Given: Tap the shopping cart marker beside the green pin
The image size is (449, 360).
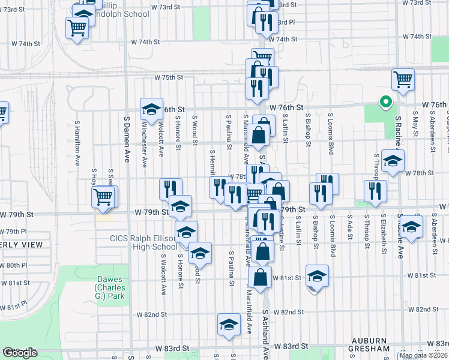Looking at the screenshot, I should tap(403, 79).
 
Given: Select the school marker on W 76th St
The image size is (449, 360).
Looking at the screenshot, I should tap(151, 109).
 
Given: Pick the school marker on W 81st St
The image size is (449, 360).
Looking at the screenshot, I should tap(317, 276).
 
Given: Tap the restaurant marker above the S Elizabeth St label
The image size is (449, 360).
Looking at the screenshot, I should tap(375, 191).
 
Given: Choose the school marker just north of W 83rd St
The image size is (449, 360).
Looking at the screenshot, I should tap(228, 325).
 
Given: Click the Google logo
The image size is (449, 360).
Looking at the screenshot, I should tap(19, 353).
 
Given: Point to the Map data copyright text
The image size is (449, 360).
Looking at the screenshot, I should tap(423, 355).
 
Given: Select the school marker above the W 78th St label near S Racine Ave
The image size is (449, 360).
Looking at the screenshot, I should tap(393, 161).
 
